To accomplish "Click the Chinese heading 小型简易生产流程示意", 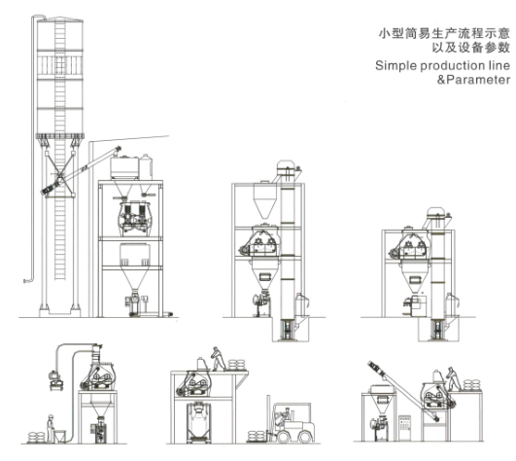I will click(x=442, y=32).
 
